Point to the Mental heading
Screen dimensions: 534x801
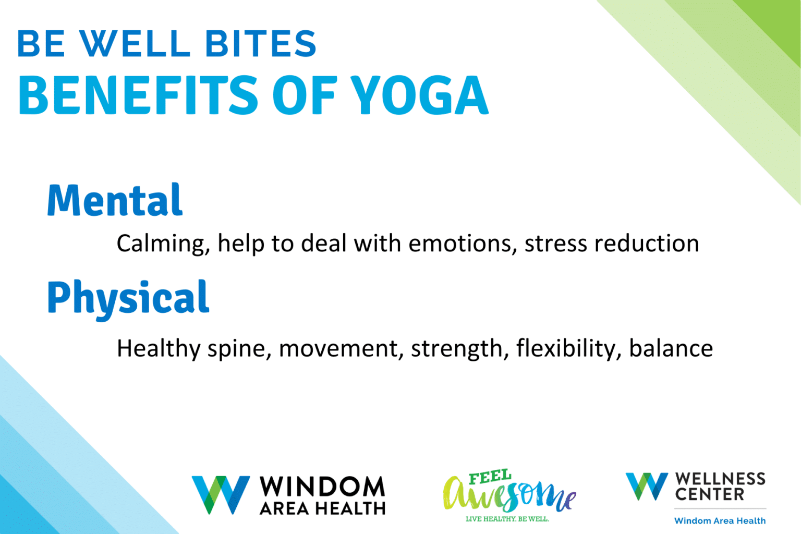(x=115, y=200)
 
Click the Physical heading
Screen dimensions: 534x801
(x=128, y=297)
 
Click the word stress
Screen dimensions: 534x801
(x=555, y=244)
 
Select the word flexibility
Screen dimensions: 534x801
(x=568, y=348)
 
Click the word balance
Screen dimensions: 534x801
(x=671, y=348)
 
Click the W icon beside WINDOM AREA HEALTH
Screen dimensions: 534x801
(x=221, y=494)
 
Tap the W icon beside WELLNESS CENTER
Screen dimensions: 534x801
(x=647, y=486)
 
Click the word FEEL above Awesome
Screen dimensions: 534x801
(x=490, y=477)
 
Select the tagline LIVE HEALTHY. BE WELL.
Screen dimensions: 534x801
(x=507, y=519)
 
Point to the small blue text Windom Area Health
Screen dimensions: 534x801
(x=720, y=520)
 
